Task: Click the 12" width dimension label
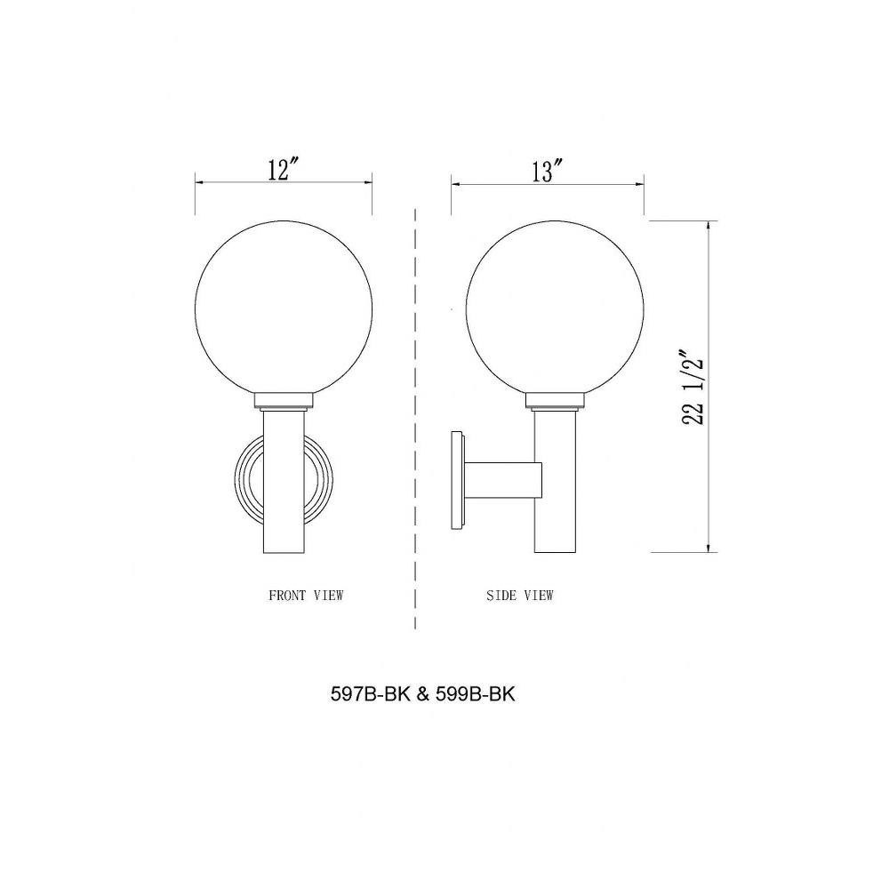(x=283, y=169)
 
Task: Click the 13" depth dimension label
(x=547, y=171)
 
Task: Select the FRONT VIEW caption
(x=306, y=596)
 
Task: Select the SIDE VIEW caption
(x=520, y=596)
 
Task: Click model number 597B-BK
(x=370, y=694)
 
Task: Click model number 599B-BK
(x=476, y=694)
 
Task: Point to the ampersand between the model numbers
(x=423, y=694)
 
